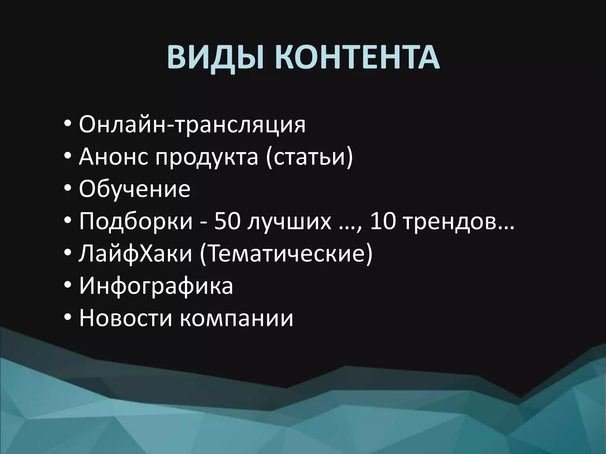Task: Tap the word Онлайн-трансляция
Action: pos(192,125)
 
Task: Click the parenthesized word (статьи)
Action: pos(309,157)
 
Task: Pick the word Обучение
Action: pos(135,189)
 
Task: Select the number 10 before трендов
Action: pos(383,221)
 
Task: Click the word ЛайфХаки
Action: pos(136,254)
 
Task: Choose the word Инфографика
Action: pos(156,286)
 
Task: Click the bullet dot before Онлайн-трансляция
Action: pos(68,124)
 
